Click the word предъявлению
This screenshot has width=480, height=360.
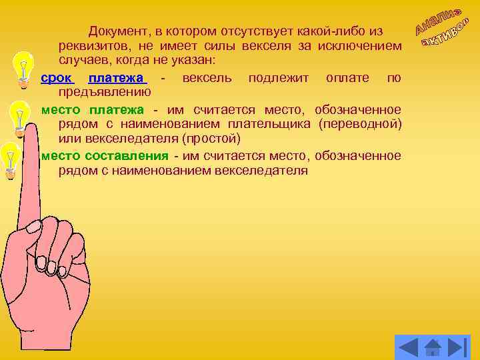coord(105,92)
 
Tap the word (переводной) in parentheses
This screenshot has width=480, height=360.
coord(360,124)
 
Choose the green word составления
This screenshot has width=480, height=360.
coord(127,155)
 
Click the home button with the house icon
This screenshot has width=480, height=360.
coord(433,347)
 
